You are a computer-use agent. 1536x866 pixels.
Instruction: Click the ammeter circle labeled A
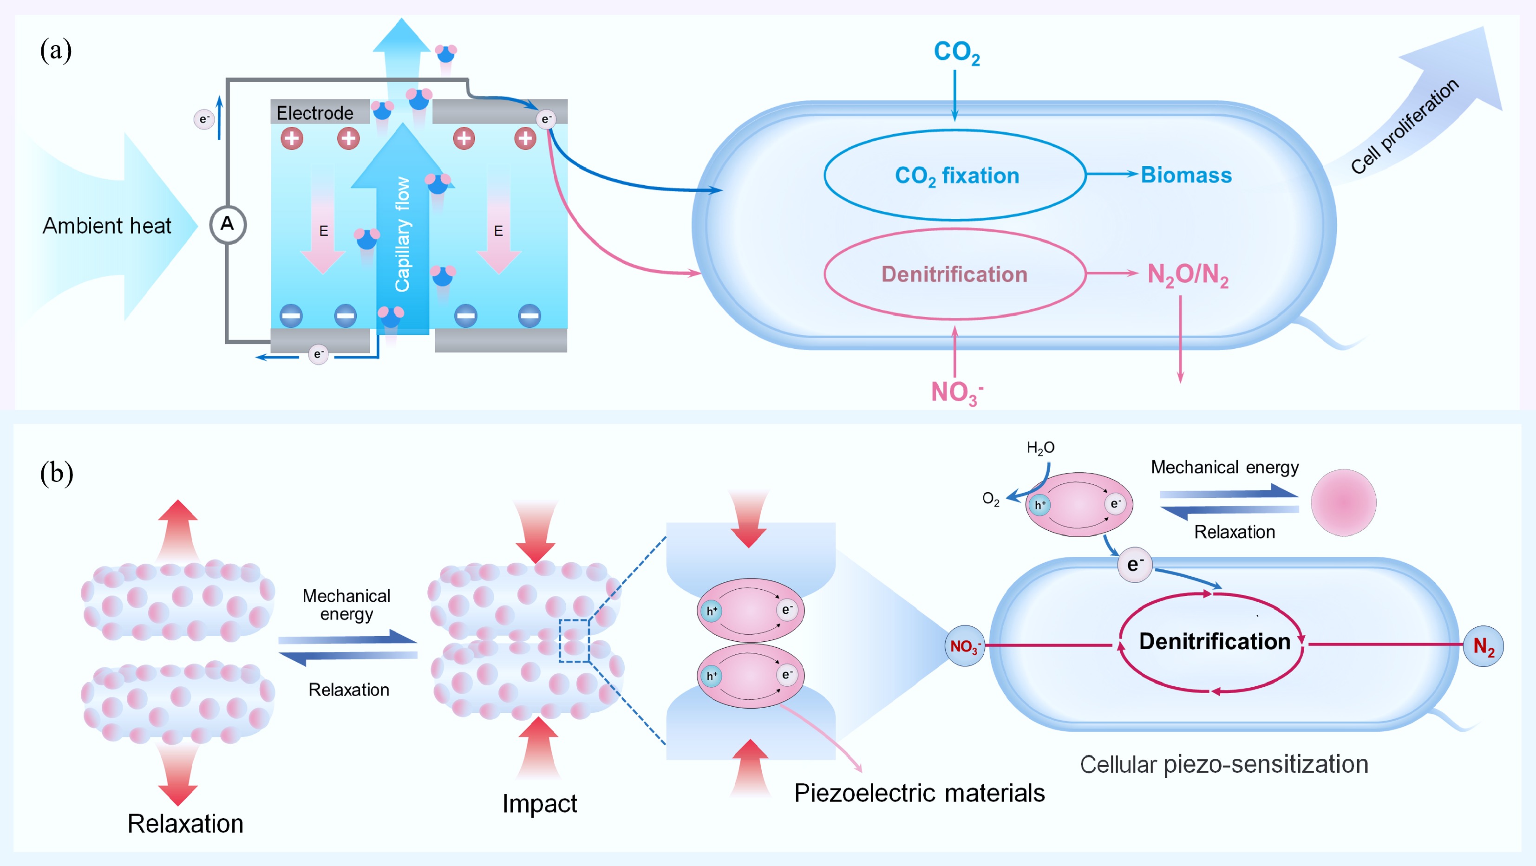[x=228, y=225]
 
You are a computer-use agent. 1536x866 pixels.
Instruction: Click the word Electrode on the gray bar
[x=314, y=113]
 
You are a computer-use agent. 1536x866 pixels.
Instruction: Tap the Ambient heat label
[x=107, y=226]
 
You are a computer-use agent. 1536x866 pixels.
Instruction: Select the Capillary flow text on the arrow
[x=403, y=234]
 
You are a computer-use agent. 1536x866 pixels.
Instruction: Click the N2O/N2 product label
[x=1187, y=275]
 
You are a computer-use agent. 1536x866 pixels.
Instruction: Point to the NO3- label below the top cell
[x=956, y=393]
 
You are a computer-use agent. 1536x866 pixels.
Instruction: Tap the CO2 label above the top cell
[x=956, y=52]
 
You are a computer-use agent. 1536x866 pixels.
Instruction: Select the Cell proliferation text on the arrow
[x=1404, y=126]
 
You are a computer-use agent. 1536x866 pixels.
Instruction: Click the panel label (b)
[x=57, y=473]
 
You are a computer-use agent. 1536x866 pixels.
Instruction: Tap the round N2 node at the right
[x=1483, y=646]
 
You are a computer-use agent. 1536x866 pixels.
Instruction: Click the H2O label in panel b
[x=1040, y=448]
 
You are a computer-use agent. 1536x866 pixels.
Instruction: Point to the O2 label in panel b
[x=990, y=499]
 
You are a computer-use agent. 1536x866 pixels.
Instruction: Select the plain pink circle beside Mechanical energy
[x=1343, y=502]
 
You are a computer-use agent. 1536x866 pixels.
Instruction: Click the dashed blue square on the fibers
[x=574, y=640]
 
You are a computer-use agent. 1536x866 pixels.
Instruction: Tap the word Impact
[x=539, y=803]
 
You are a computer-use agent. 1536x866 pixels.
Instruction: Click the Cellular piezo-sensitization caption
[x=1223, y=764]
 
